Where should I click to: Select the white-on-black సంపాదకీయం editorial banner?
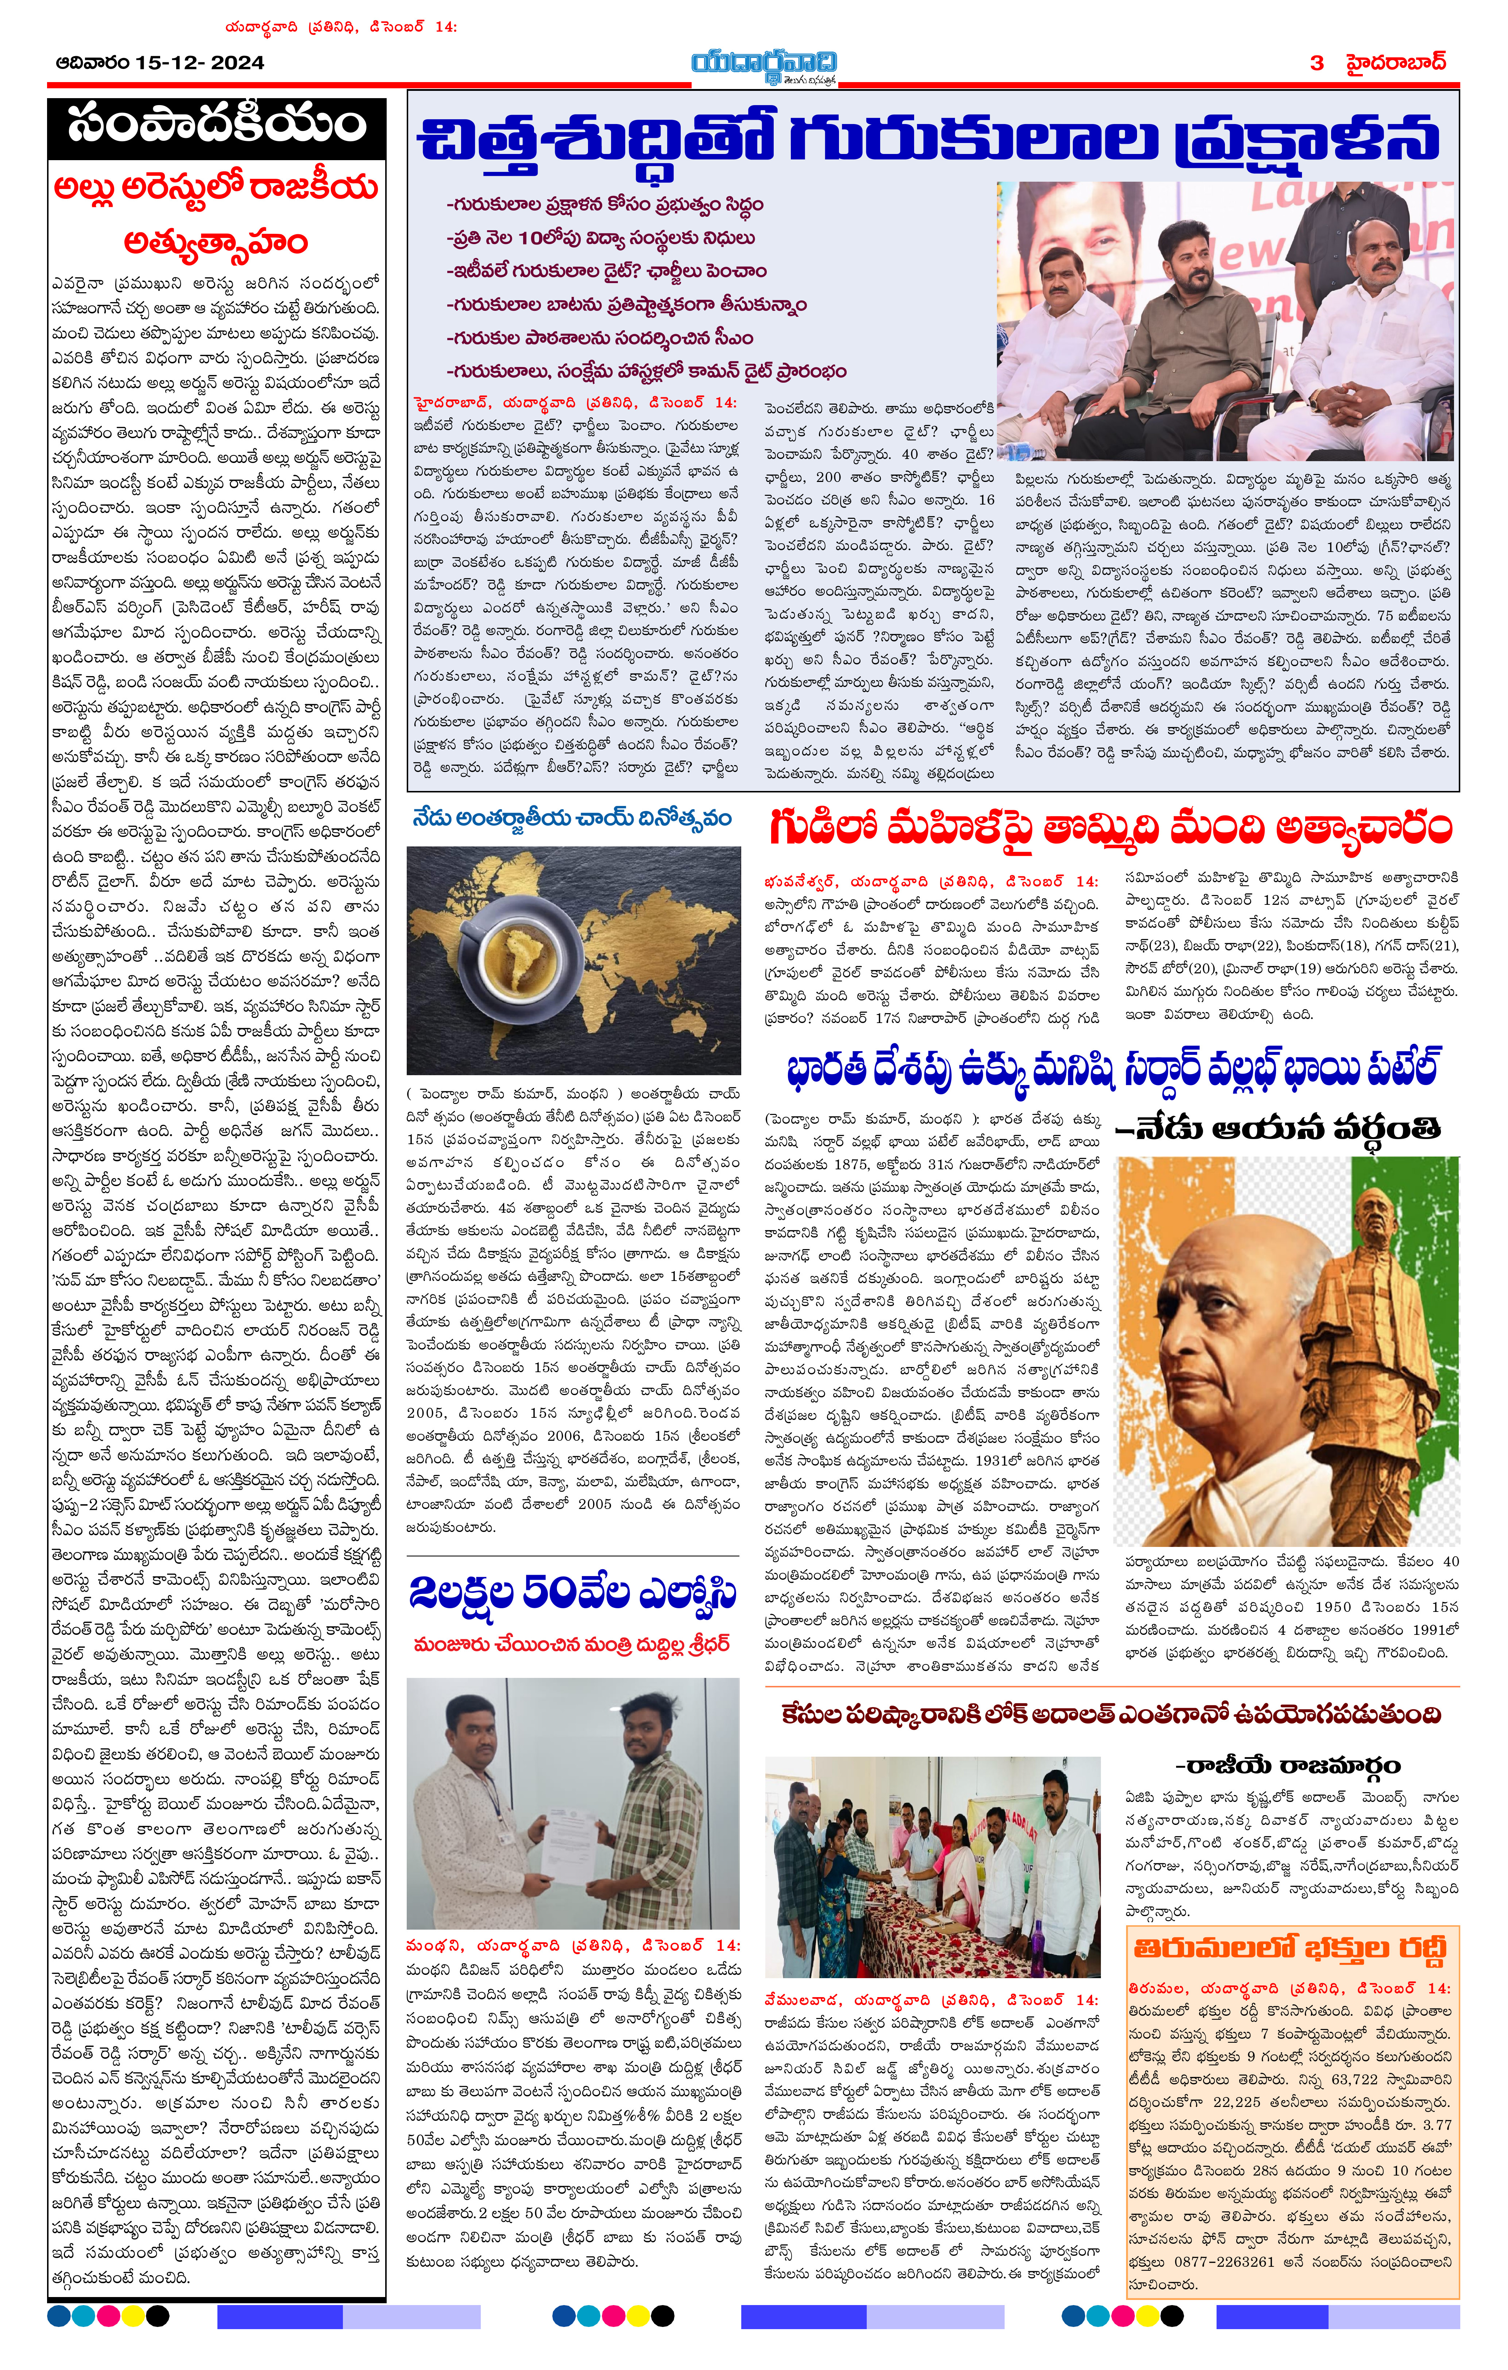[x=217, y=125]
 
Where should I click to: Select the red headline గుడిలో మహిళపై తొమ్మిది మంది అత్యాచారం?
[x=1110, y=829]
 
